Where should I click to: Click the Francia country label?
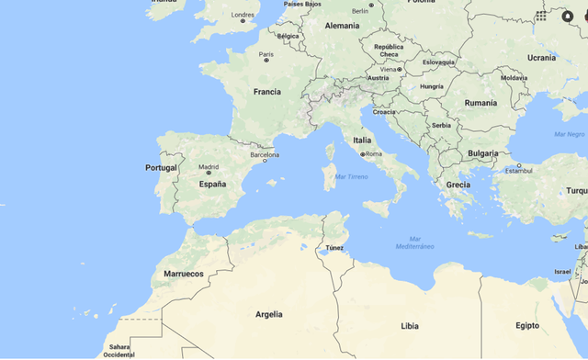[x=267, y=92]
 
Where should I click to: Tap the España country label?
[x=212, y=184]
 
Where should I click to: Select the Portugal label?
[x=161, y=168]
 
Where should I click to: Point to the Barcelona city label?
[x=258, y=155]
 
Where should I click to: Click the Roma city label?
[x=373, y=154]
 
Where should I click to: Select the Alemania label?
[x=343, y=26]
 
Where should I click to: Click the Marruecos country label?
[x=184, y=274]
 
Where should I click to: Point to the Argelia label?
[x=268, y=314]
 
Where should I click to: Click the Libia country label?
[x=410, y=326]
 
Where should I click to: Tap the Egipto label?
[x=527, y=326]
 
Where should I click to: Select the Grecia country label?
[x=458, y=185]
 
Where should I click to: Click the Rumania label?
[x=481, y=103]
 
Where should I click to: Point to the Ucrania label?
[x=541, y=58]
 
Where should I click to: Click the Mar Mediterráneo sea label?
[x=413, y=245]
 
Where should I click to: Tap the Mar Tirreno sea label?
[x=352, y=176]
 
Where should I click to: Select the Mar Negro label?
[x=570, y=134]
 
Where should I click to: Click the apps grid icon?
[x=541, y=16]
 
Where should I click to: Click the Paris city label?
[x=266, y=54]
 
